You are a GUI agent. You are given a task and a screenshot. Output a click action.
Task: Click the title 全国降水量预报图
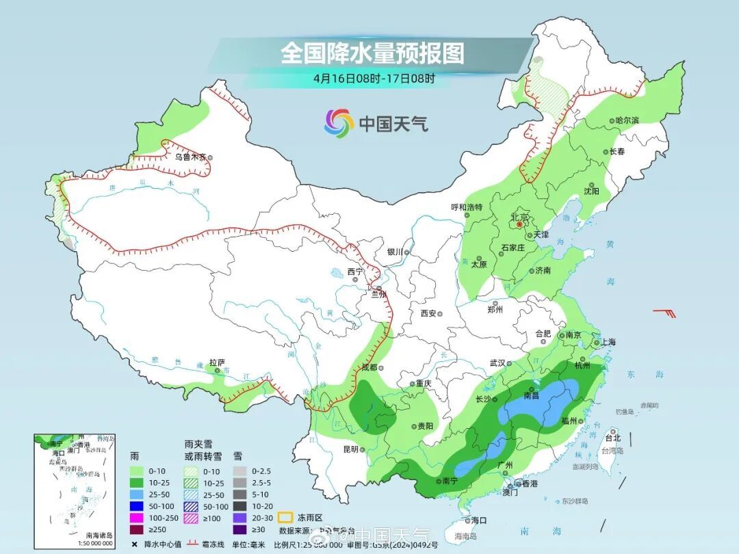tap(372, 53)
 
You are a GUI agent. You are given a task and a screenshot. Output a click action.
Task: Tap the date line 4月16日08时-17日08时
tap(374, 78)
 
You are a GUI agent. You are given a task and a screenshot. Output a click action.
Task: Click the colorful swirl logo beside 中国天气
tap(339, 123)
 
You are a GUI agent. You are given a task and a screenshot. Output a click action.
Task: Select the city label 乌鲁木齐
tap(190, 157)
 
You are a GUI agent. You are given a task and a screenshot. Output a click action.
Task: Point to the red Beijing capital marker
tap(519, 224)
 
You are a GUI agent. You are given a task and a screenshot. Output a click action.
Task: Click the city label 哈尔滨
tap(626, 120)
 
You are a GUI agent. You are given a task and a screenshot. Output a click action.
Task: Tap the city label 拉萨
tap(217, 362)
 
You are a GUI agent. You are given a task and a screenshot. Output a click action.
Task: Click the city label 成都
tap(369, 367)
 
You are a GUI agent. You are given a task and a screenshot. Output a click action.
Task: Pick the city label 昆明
tap(350, 449)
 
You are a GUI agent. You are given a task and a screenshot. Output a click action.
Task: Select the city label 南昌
tap(532, 395)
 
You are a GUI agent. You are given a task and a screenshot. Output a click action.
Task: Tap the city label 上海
tap(608, 342)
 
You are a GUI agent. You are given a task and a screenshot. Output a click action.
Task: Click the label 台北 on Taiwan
tap(612, 438)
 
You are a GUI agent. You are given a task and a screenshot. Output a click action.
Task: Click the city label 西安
tap(428, 313)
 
